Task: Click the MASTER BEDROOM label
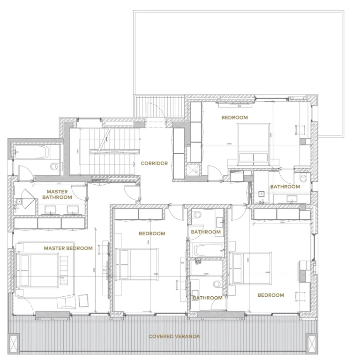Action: click(68, 248)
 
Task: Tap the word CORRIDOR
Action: click(154, 164)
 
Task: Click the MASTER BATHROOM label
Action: click(57, 195)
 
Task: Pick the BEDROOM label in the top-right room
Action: click(234, 118)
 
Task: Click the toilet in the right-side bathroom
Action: click(303, 178)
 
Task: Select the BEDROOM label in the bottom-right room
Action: click(270, 295)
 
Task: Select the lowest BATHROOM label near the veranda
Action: click(207, 298)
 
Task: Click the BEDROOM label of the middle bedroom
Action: click(152, 233)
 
